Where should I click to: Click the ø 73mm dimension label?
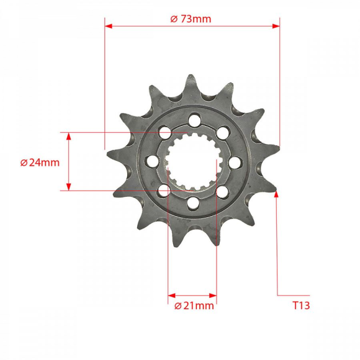tap(191, 19)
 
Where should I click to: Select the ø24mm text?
tap(40, 163)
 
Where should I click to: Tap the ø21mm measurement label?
tap(194, 305)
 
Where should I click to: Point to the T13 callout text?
tap(301, 305)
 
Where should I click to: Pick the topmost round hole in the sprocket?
tap(193, 119)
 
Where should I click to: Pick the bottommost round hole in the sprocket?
tap(191, 201)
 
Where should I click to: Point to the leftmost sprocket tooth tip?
tap(108, 151)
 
